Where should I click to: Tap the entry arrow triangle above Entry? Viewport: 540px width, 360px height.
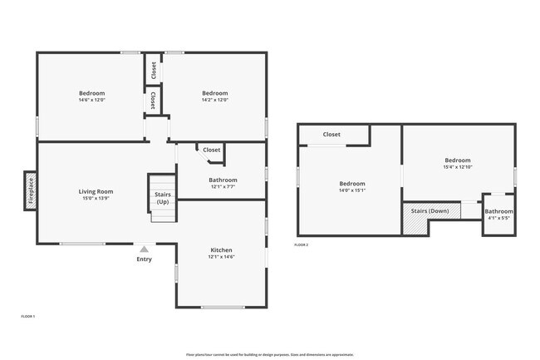144,249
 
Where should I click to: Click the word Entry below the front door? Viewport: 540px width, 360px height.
145,259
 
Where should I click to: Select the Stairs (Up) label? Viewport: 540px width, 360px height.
163,198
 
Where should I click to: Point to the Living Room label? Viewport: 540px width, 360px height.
96,191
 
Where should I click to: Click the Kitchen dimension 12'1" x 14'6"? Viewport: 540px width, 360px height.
221,257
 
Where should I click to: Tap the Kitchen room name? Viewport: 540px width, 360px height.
221,249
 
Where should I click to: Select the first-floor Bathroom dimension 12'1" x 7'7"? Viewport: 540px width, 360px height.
223,187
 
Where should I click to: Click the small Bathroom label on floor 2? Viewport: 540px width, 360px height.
498,211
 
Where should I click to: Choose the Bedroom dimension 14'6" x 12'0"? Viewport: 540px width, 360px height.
91,100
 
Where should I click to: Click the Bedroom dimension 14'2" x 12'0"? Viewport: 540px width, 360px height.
214,100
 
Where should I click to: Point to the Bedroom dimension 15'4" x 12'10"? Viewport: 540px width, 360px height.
457,167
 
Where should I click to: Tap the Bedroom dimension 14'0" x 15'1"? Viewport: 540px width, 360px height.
351,190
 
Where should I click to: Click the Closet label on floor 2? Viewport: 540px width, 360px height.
331,134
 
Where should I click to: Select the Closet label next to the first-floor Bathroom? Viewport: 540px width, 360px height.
212,150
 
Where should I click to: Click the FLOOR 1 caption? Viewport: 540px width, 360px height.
28,316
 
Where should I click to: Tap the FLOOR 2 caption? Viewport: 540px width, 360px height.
302,244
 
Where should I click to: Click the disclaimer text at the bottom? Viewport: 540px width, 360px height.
270,354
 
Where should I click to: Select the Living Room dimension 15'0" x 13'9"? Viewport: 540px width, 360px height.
96,199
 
